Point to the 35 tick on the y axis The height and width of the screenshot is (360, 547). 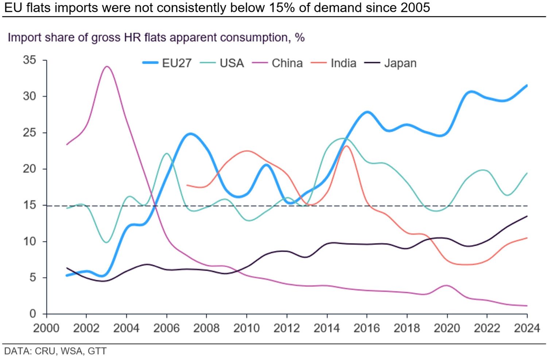pyautogui.click(x=30, y=60)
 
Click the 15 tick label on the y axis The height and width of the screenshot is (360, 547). pyautogui.click(x=30, y=205)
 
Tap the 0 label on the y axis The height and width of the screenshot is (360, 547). pyautogui.click(x=33, y=314)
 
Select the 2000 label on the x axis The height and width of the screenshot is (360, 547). pyautogui.click(x=46, y=328)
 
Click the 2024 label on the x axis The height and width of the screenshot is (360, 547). pyautogui.click(x=527, y=328)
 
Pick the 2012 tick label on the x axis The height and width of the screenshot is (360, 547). pyautogui.click(x=287, y=328)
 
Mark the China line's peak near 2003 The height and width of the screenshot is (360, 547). pyautogui.click(x=107, y=66)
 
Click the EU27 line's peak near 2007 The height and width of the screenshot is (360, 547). pyautogui.click(x=190, y=134)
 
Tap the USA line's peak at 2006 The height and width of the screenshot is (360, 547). pyautogui.click(x=167, y=154)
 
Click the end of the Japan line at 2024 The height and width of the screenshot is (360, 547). pyautogui.click(x=527, y=216)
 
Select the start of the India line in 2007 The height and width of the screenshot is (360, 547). pyautogui.click(x=187, y=185)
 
